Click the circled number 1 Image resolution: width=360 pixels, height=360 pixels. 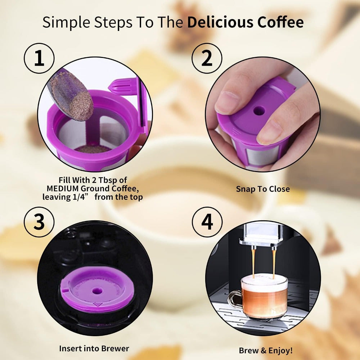tap(39, 58)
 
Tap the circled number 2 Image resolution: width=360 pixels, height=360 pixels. tap(207, 58)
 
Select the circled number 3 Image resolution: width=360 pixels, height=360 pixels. tap(39, 222)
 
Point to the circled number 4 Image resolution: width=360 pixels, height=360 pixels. tap(207, 222)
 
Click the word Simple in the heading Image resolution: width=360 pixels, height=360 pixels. tap(66, 22)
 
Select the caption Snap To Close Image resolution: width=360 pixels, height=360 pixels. tap(263, 189)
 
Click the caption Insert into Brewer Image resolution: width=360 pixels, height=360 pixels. tap(94, 348)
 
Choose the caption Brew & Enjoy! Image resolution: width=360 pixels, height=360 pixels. tap(266, 350)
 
